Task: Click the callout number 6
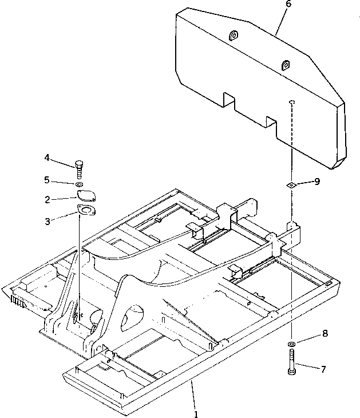point(288,4)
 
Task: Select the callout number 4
point(48,157)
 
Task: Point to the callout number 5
point(48,180)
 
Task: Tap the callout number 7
point(323,369)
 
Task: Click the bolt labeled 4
point(79,169)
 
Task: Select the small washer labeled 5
point(79,184)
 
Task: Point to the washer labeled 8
point(292,344)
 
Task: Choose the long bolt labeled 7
point(292,363)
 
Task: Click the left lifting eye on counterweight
point(234,37)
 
